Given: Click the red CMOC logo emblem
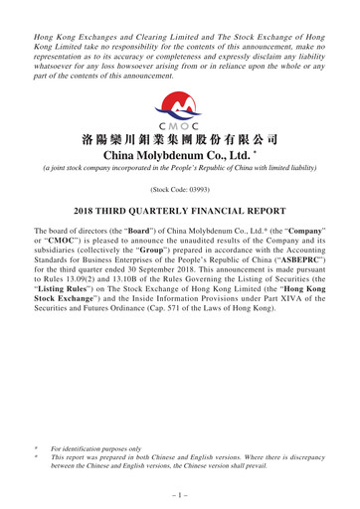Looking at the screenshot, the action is [x=179, y=103].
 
